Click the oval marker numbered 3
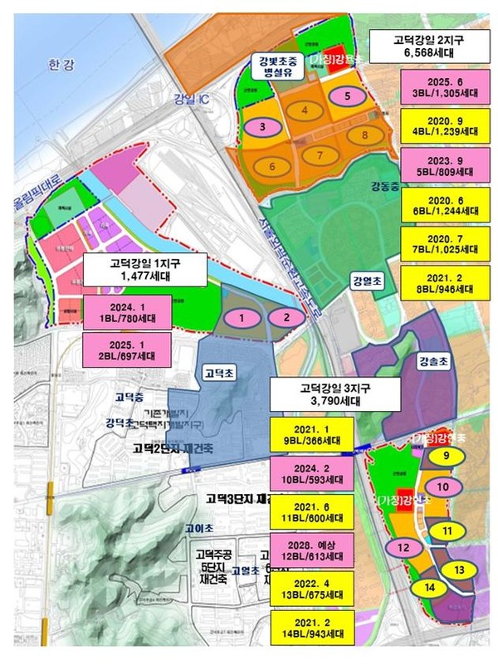[262, 128]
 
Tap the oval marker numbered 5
[348, 95]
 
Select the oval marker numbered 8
[363, 134]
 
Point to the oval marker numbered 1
[242, 317]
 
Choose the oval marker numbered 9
[446, 456]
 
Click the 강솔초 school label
[433, 363]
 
